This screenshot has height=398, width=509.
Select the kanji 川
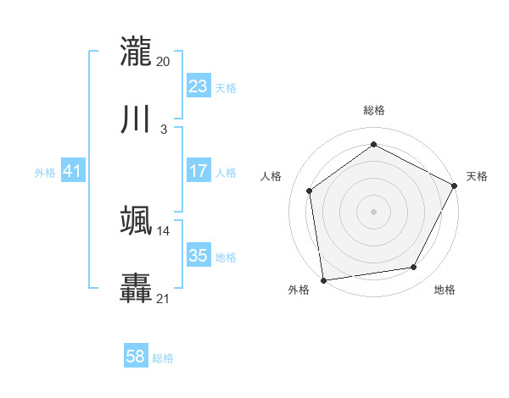[137, 119]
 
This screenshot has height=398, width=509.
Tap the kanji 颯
[137, 220]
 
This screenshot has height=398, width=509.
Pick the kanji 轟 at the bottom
[137, 288]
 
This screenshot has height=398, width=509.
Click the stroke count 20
[164, 61]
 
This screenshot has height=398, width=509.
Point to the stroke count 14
[164, 230]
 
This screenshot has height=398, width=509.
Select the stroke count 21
[164, 298]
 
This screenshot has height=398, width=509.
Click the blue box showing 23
[199, 86]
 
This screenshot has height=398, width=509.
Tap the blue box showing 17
[199, 171]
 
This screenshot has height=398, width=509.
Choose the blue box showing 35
[199, 256]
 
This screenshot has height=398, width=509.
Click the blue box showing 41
[73, 171]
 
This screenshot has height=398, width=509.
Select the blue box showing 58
[136, 357]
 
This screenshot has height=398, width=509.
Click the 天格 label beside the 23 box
[226, 88]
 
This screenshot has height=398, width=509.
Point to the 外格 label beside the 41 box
[45, 173]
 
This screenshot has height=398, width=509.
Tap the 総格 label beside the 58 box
[163, 358]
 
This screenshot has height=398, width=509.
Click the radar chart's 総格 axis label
[373, 110]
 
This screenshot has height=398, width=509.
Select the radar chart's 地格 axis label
[445, 290]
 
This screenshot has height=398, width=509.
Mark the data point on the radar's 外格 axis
[323, 279]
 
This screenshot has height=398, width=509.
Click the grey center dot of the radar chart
[373, 211]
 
